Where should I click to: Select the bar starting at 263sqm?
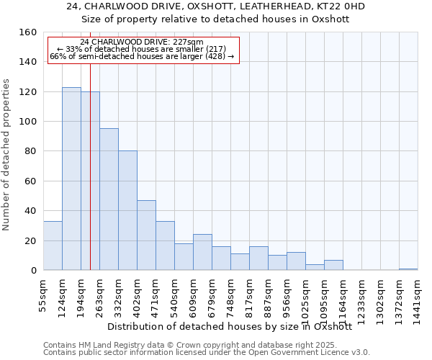(x=109, y=199)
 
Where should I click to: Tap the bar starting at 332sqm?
(x=127, y=210)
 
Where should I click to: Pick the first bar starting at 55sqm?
(x=53, y=246)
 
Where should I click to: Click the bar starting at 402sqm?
(x=146, y=235)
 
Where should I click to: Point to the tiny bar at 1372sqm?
(x=408, y=269)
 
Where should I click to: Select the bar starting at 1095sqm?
(x=333, y=265)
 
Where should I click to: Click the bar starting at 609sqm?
(x=202, y=252)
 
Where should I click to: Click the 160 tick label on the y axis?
(x=28, y=32)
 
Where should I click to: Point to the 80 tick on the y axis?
(x=31, y=152)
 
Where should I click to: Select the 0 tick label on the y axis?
(x=34, y=271)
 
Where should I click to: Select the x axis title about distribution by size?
(x=234, y=326)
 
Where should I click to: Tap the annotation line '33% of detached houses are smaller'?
(x=142, y=49)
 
